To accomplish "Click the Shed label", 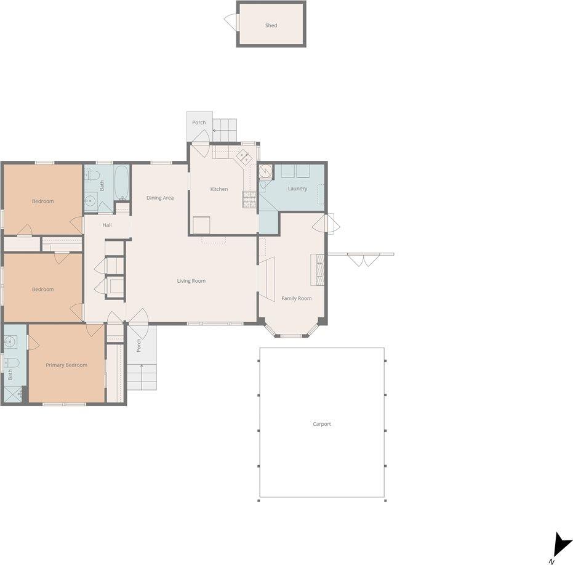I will coord(271,26).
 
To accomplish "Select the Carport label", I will coord(322,424).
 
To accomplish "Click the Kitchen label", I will coord(219,189).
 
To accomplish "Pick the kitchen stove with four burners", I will coord(249,198).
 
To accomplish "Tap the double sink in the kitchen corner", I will coord(244,156).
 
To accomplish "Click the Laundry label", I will coord(297,189).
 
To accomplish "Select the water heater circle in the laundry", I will coord(266,171).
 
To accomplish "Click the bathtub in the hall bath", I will coord(122,182).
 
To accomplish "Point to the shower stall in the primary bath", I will coord(13,394).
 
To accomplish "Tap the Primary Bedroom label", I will coord(66,365).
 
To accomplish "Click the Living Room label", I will coord(191,281).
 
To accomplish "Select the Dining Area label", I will coord(160,198).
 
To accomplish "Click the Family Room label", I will coord(297,298).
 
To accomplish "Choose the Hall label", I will coord(107,225).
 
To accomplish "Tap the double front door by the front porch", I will coord(138,318).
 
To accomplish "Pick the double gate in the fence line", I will coord(363,259).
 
